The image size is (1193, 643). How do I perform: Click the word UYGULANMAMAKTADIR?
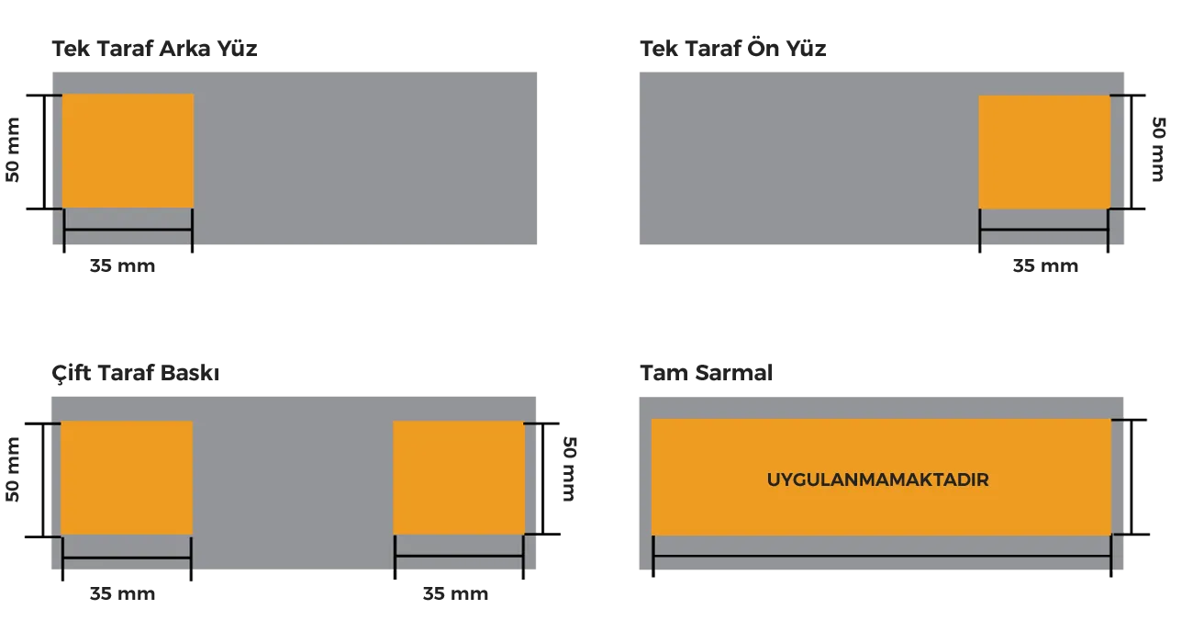(x=877, y=479)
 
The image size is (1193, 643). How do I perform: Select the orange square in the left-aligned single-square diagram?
(x=128, y=151)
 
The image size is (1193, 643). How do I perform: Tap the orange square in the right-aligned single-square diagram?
(x=1044, y=152)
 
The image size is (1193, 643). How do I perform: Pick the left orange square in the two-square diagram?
(x=127, y=478)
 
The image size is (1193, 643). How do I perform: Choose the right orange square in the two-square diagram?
(x=459, y=478)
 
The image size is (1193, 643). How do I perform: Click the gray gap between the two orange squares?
(x=293, y=478)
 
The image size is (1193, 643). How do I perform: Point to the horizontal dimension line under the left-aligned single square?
(x=128, y=230)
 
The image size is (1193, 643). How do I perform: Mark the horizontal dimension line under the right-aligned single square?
(x=1044, y=230)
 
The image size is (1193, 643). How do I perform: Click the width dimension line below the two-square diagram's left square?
(x=127, y=557)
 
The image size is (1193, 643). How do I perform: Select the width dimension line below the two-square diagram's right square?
(x=459, y=557)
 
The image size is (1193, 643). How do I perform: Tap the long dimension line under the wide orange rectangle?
(x=882, y=557)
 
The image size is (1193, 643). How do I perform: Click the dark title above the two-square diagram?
(x=135, y=373)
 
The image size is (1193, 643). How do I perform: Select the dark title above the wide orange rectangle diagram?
(x=708, y=372)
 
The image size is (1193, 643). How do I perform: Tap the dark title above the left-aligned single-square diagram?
(x=153, y=49)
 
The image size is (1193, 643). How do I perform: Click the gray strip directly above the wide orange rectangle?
(x=881, y=408)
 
